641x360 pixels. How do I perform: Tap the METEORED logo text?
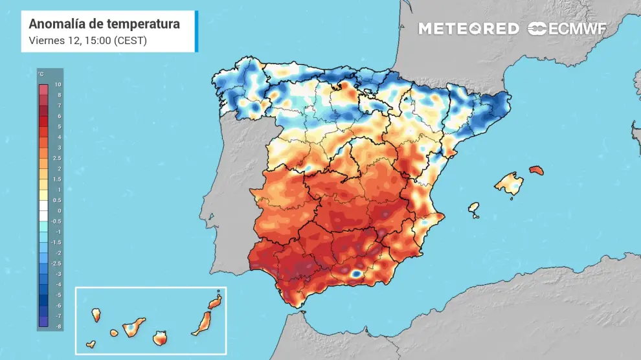468,28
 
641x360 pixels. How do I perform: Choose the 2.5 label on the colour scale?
58,158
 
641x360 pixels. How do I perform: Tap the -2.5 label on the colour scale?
58,263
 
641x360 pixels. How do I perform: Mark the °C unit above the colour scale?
41,74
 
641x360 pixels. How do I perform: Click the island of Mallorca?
510,183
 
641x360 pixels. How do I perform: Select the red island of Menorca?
536,170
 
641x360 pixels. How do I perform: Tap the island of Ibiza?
474,209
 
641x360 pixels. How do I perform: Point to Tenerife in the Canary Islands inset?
131,328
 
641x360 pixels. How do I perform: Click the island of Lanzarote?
214,302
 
